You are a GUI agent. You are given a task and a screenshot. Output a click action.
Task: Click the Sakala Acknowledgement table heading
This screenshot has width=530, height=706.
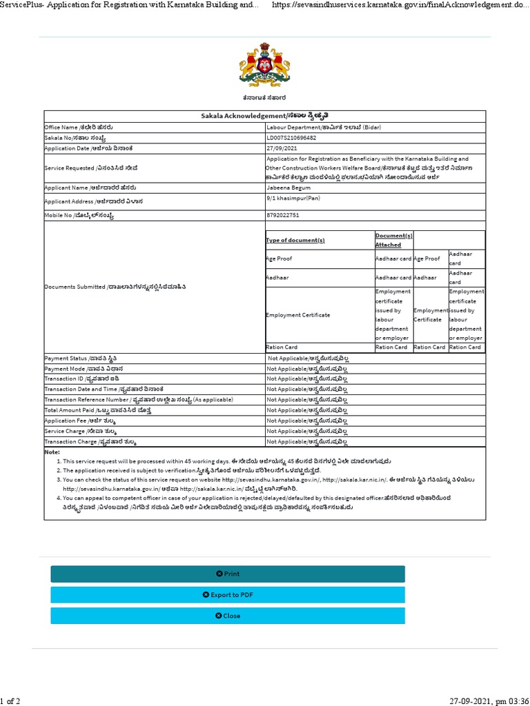click(264, 116)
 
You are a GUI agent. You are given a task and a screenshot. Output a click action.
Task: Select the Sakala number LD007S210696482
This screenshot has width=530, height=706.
click(291, 138)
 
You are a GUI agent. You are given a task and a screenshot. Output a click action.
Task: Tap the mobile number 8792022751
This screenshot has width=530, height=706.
click(284, 216)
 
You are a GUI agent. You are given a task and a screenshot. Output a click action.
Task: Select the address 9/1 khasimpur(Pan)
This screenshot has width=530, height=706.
click(293, 199)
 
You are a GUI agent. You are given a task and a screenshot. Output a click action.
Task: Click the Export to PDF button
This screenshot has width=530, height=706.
click(228, 594)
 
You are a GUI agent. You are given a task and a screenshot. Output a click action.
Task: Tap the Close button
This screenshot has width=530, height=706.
click(228, 616)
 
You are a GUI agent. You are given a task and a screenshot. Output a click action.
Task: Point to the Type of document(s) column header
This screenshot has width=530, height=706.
click(295, 240)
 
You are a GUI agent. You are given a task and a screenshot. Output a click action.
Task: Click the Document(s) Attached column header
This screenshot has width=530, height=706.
click(393, 240)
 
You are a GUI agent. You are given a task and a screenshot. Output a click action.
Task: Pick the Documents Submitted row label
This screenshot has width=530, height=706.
click(115, 286)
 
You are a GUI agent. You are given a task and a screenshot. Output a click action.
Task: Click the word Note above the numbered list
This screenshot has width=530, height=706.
click(52, 452)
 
